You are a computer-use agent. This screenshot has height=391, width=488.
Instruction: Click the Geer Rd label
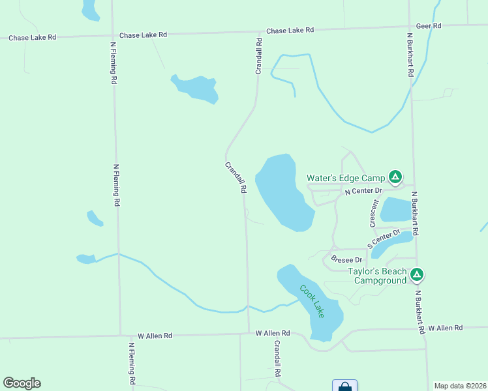[429, 25]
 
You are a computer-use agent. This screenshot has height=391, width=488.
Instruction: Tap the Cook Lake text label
[312, 302]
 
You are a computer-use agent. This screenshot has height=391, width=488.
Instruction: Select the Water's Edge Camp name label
[346, 177]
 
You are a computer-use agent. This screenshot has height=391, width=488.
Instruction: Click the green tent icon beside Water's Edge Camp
[395, 177]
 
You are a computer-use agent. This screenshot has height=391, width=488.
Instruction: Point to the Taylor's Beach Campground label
[377, 276]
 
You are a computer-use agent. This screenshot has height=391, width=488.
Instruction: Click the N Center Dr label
[362, 190]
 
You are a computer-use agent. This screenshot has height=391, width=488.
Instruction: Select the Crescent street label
[374, 213]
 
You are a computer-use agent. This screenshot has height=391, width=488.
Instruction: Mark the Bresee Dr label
[346, 259]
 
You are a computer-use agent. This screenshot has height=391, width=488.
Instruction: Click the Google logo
[22, 383]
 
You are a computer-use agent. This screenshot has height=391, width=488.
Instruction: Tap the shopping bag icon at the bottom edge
[344, 386]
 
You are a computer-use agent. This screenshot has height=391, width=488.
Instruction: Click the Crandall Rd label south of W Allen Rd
[277, 358]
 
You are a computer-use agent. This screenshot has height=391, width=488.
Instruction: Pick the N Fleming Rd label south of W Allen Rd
[132, 363]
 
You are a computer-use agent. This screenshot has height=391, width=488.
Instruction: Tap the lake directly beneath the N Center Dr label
[395, 209]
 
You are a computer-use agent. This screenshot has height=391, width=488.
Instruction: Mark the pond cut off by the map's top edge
[89, 9]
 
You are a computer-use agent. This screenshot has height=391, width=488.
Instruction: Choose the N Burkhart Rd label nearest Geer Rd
[410, 55]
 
